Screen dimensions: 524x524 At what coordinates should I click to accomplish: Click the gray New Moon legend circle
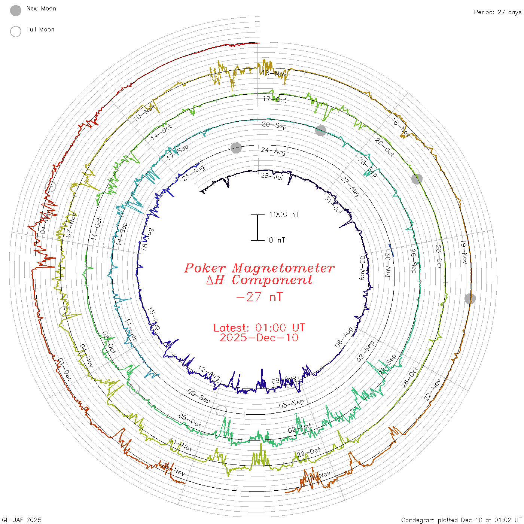(16, 10)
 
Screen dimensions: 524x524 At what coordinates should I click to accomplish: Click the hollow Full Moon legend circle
(16, 31)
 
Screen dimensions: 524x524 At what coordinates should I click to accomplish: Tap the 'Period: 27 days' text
(497, 12)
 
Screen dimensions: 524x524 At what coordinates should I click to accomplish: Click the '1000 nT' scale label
(284, 214)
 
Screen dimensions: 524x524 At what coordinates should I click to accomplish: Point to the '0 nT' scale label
(277, 240)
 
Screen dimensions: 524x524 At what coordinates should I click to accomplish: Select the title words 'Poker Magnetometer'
(259, 268)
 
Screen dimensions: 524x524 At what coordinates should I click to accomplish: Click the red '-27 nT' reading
(259, 297)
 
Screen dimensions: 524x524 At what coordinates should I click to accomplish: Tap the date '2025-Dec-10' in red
(259, 338)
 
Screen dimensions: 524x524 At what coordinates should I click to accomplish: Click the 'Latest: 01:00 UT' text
(259, 328)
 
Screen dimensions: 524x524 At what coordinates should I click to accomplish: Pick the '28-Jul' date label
(272, 176)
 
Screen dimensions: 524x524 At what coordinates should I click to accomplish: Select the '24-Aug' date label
(273, 151)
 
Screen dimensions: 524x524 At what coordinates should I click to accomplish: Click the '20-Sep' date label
(274, 125)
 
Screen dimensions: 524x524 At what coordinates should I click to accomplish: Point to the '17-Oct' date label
(274, 99)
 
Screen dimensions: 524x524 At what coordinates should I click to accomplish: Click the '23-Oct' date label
(439, 256)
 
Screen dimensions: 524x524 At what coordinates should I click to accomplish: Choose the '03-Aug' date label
(362, 268)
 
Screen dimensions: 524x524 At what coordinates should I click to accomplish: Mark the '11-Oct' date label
(96, 229)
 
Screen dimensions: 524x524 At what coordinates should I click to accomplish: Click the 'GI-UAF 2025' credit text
(22, 520)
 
